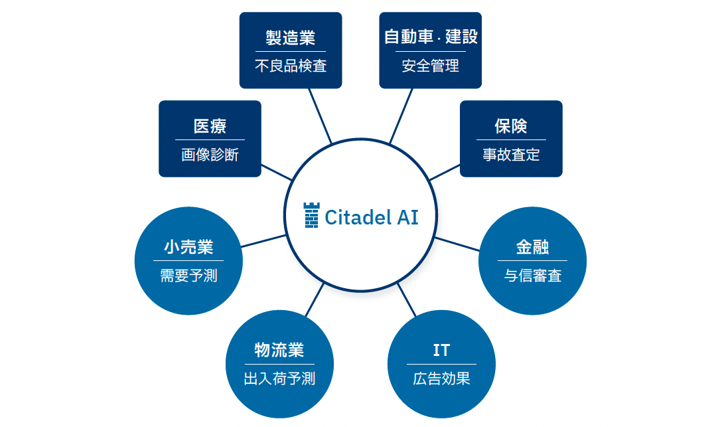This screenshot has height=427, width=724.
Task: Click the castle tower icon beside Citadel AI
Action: pyautogui.click(x=311, y=216)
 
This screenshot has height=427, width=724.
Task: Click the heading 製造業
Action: pyautogui.click(x=291, y=38)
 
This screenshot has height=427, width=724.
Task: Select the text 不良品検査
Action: pyautogui.click(x=291, y=66)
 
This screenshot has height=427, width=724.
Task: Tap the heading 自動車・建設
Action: pyautogui.click(x=431, y=37)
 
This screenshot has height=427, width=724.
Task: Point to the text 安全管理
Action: pyautogui.click(x=431, y=66)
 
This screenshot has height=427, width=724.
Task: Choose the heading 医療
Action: pyautogui.click(x=210, y=126)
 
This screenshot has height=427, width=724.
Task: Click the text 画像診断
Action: pyautogui.click(x=210, y=155)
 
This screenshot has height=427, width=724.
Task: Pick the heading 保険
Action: pyautogui.click(x=511, y=126)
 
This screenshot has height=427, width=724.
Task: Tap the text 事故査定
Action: pyautogui.click(x=511, y=155)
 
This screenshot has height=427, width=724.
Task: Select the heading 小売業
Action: pyautogui.click(x=188, y=247)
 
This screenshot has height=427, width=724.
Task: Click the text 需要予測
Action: pyautogui.click(x=188, y=276)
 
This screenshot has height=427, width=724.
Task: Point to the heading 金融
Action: pyautogui.click(x=532, y=247)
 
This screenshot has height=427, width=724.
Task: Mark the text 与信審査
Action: pyautogui.click(x=532, y=276)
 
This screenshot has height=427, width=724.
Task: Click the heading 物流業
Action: pyautogui.click(x=279, y=350)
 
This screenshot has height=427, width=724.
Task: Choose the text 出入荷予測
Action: pyautogui.click(x=279, y=379)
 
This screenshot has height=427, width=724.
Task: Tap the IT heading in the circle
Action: pyautogui.click(x=441, y=350)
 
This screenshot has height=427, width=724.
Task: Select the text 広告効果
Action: pyautogui.click(x=441, y=379)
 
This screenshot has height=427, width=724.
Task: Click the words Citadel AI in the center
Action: pyautogui.click(x=372, y=216)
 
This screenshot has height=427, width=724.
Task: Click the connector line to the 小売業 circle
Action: pyautogui.click(x=263, y=240)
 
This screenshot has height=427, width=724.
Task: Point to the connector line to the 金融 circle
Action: pyautogui.click(x=457, y=244)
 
